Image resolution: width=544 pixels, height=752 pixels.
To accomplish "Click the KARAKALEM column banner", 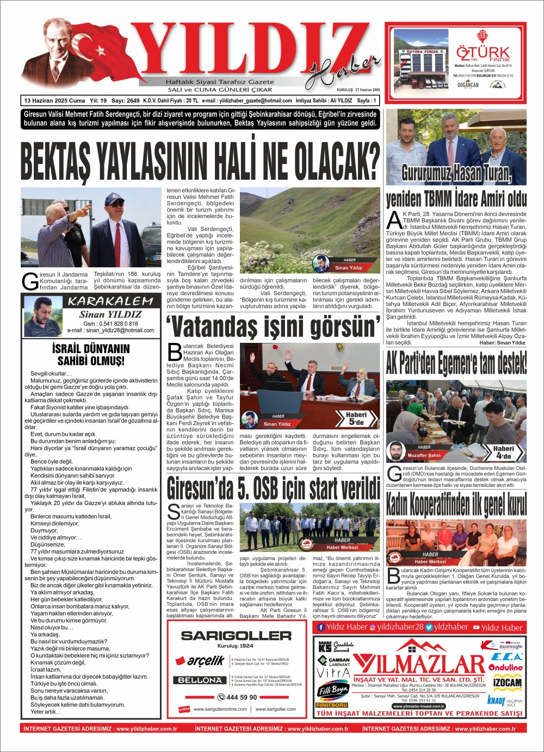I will click(x=111, y=301).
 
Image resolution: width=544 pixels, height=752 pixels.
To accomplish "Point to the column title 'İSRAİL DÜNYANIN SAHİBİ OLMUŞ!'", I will click(x=91, y=355).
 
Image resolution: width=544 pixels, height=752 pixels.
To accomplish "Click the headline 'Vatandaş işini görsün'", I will click(x=273, y=327).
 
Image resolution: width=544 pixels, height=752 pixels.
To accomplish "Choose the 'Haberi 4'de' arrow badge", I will click(x=504, y=452).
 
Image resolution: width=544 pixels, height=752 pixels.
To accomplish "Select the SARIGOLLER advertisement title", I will click(x=236, y=635).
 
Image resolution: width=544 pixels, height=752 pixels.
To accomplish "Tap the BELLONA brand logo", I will click(x=200, y=680).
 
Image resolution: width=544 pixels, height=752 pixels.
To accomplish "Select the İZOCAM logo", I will click(x=507, y=682).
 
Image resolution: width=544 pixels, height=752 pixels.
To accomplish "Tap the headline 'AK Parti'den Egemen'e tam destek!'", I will click(x=456, y=363).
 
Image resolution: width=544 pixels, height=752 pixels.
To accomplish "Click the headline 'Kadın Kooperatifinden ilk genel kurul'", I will click(x=456, y=504).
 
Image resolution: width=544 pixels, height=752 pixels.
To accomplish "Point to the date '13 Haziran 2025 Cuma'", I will click(x=54, y=101).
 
